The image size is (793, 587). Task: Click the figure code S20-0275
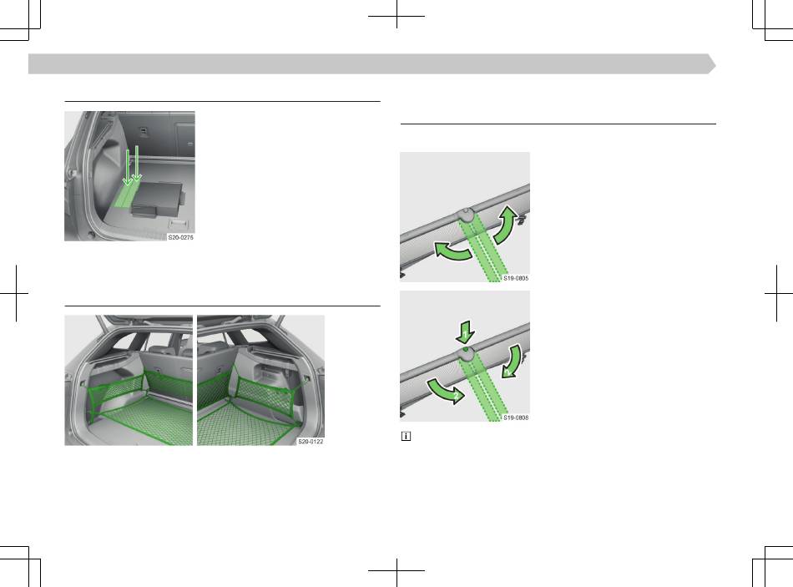click(x=180, y=237)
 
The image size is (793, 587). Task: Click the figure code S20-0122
click(x=311, y=441)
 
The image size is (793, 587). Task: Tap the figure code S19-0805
click(x=516, y=278)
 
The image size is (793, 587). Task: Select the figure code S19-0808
click(x=516, y=417)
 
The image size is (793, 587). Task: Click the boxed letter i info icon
click(x=406, y=436)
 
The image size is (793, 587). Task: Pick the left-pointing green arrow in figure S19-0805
click(x=452, y=251)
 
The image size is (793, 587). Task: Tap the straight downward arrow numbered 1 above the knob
click(x=465, y=332)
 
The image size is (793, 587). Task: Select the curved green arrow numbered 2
click(x=445, y=390)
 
